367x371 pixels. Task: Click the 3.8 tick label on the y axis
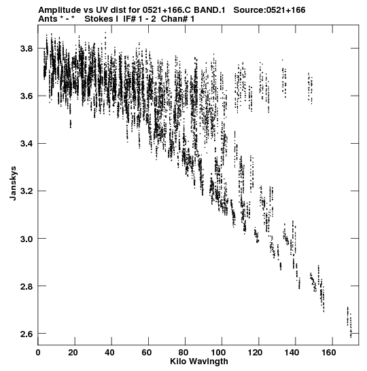pos(26,49)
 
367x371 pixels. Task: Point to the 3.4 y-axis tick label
pos(26,144)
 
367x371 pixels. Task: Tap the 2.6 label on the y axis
pos(26,334)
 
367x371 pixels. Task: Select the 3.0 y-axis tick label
pos(26,239)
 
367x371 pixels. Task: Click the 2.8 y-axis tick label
pos(26,286)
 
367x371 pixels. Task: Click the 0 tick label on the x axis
pos(38,353)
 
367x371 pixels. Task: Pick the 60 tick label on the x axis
pos(147,353)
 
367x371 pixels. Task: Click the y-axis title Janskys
pos(14,183)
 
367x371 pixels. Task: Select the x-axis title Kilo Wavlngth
pos(199,362)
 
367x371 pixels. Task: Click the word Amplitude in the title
pos(60,10)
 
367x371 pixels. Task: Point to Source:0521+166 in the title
pos(269,10)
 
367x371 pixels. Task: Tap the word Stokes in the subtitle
pos(99,19)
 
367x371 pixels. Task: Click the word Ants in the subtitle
pos(48,19)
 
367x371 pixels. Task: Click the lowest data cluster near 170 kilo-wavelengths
pos(349,321)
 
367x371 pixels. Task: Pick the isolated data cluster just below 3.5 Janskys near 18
pos(71,123)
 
